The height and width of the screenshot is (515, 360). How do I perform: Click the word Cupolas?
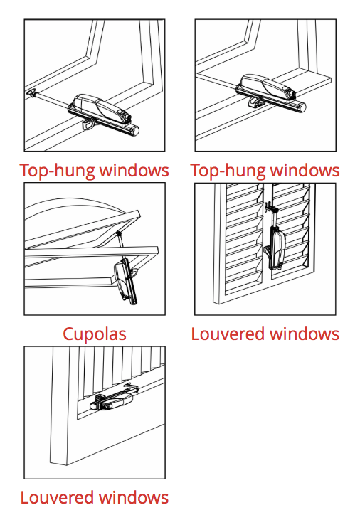95,334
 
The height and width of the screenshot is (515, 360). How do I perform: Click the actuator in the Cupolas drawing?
125,280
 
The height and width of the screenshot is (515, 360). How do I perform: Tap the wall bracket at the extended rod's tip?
32,93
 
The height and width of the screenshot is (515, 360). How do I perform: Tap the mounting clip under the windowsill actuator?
255,101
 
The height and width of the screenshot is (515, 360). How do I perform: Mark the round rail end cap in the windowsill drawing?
302,106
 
